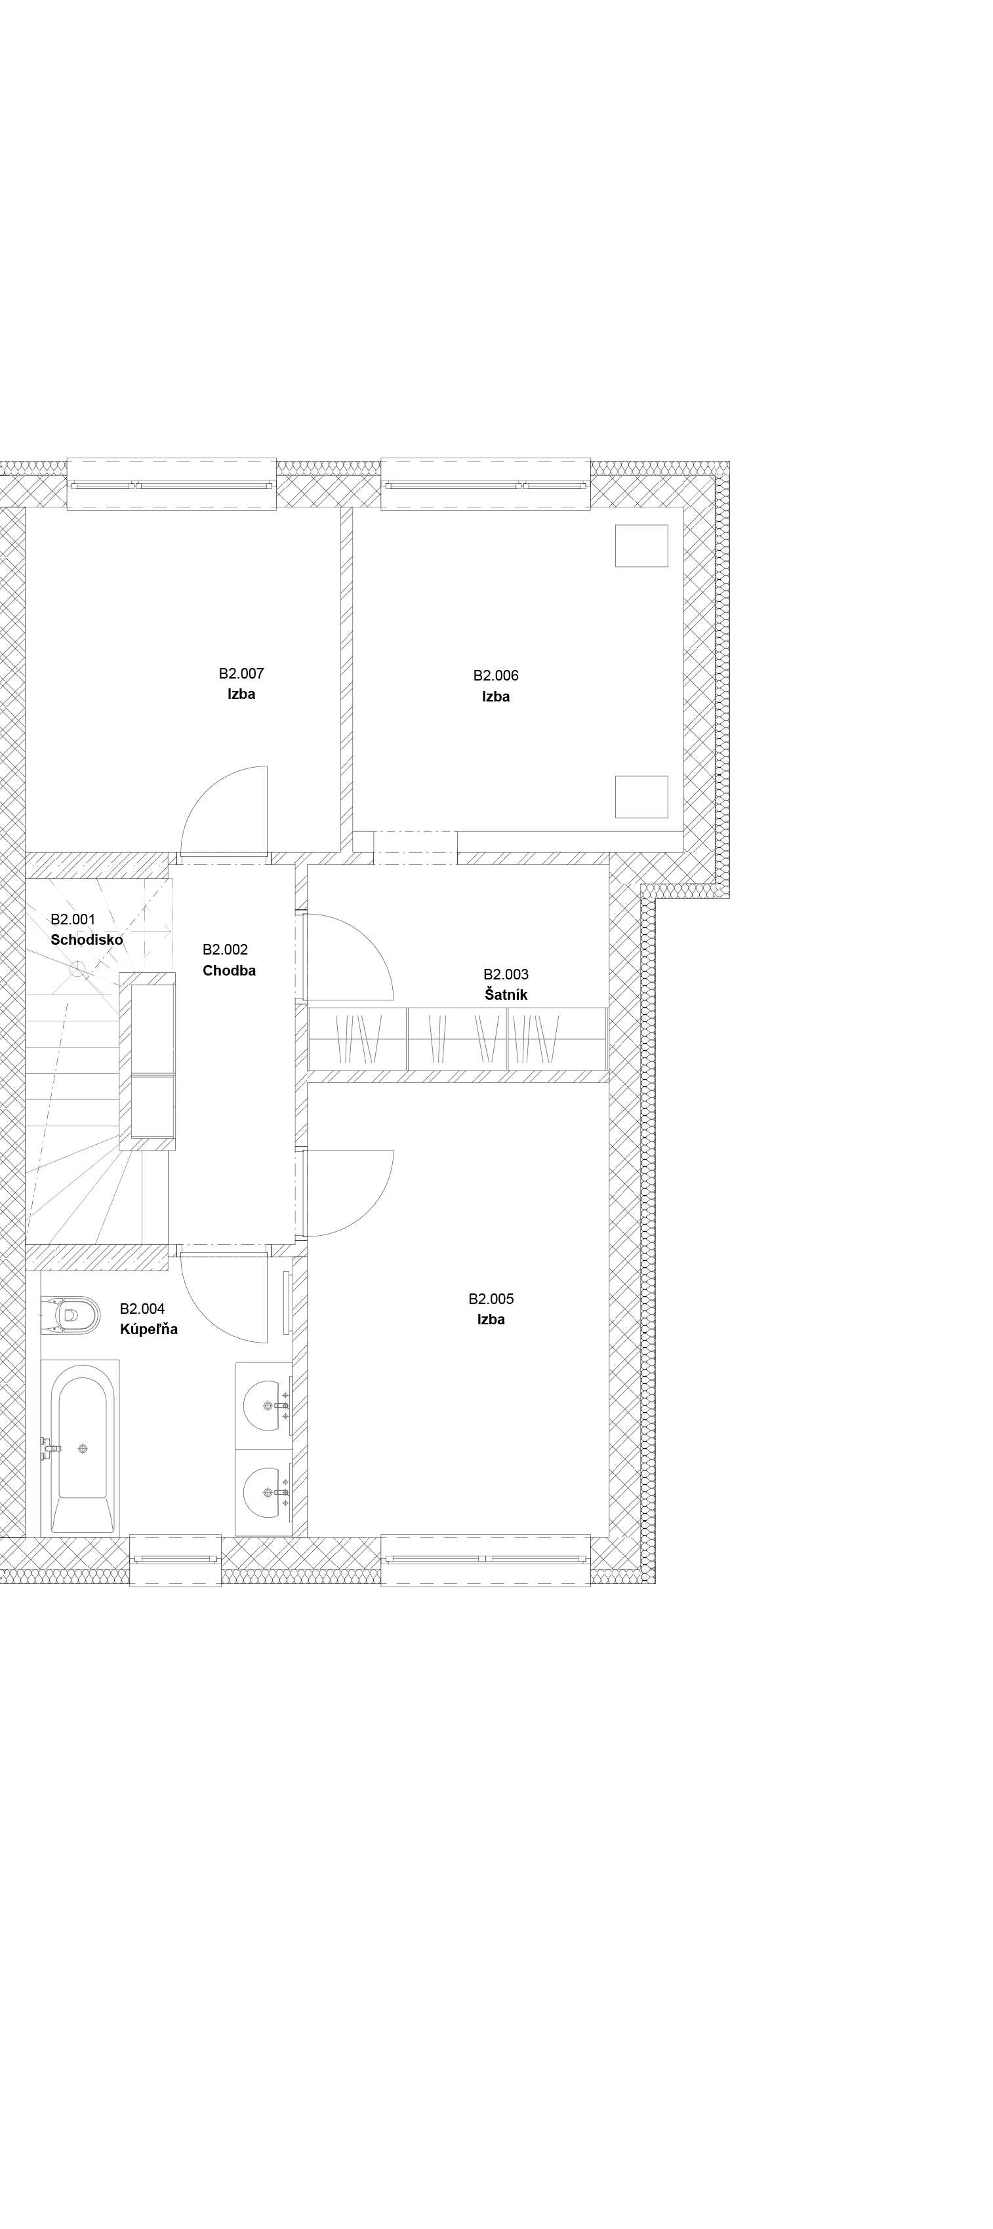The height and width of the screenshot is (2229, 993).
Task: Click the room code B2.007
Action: pyautogui.click(x=241, y=673)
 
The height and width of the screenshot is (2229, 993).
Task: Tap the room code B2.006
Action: pyautogui.click(x=495, y=676)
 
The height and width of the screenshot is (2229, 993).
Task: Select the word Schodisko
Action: pyautogui.click(x=87, y=939)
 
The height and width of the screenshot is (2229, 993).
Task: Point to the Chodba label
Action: pyautogui.click(x=230, y=971)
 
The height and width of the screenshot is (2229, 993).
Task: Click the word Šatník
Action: pyautogui.click(x=506, y=995)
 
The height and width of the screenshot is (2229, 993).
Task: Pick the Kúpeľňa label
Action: pyautogui.click(x=149, y=1328)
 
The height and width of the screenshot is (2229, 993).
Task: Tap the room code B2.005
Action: pyautogui.click(x=491, y=1299)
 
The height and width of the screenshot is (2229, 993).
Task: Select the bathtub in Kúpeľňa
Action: pyautogui.click(x=81, y=1448)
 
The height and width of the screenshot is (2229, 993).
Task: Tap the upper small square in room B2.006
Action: pyautogui.click(x=641, y=546)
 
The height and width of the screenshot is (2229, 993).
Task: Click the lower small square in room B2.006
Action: pyautogui.click(x=641, y=797)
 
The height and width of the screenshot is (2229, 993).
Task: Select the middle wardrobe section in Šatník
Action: pyautogui.click(x=457, y=1039)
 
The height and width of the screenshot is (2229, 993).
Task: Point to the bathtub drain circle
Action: pyautogui.click(x=82, y=1448)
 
